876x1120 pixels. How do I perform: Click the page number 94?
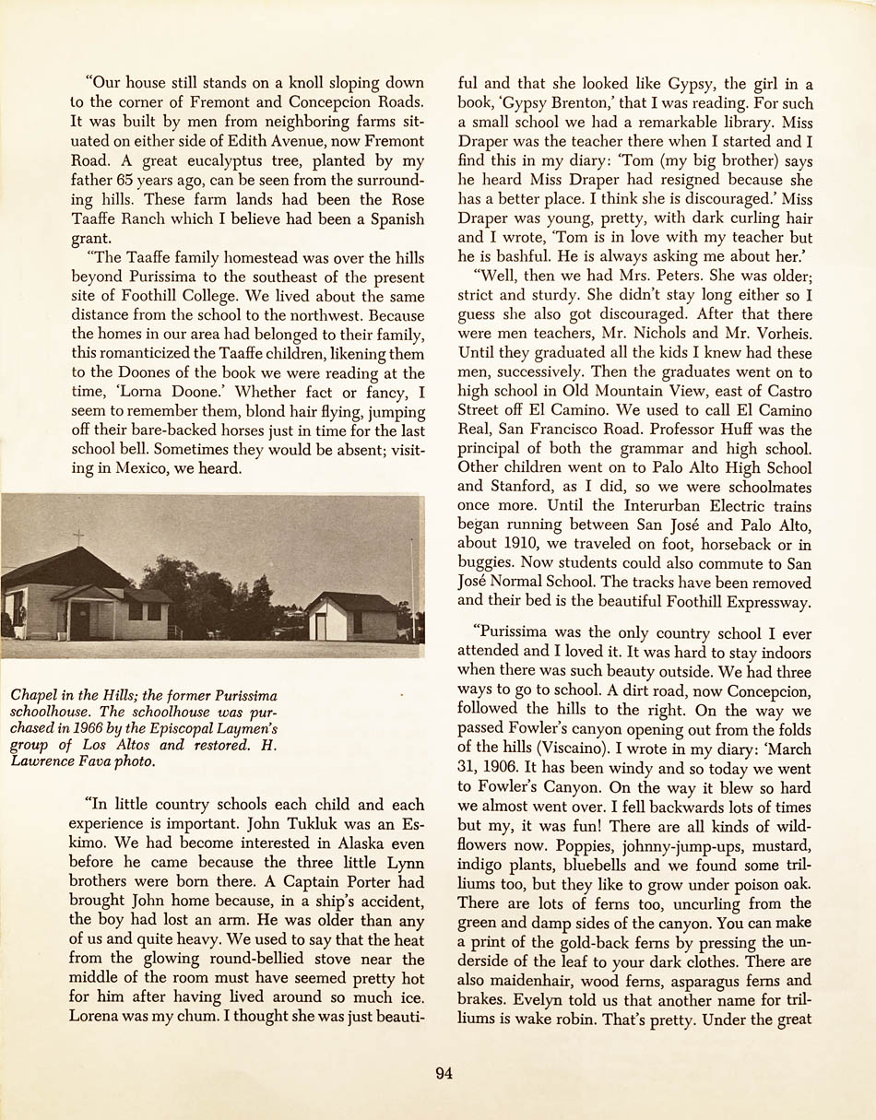[444, 1073]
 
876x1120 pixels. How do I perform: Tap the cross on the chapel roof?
[78, 536]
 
